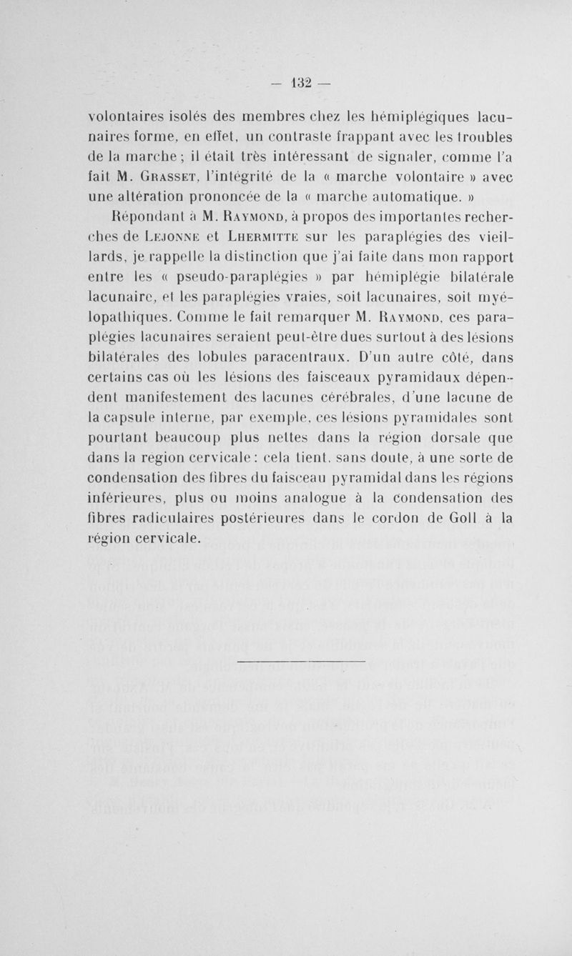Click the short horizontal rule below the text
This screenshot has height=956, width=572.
click(x=300, y=661)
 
